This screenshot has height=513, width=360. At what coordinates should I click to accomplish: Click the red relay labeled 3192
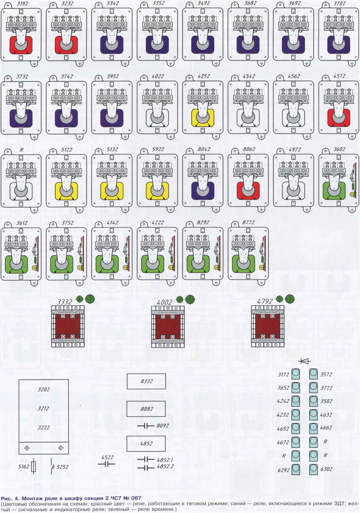[21, 34]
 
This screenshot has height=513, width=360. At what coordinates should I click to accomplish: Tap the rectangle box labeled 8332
[146, 381]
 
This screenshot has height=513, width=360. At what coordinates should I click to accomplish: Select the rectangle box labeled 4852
[146, 444]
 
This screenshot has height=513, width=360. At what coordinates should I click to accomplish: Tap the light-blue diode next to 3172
[296, 374]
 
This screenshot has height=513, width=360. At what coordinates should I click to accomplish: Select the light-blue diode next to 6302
[313, 469]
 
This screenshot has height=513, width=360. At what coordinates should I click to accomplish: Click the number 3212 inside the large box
[44, 409]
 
